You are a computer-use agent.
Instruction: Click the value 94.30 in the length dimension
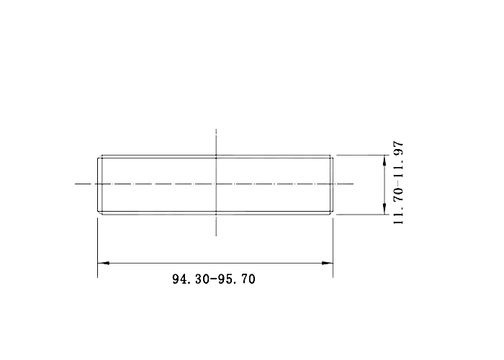coord(191,279)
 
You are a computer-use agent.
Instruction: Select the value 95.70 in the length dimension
coord(237,279)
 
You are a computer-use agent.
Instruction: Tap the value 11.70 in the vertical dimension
coord(398,207)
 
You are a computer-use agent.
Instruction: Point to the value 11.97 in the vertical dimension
coord(398,160)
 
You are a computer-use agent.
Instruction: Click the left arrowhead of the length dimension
coord(104,263)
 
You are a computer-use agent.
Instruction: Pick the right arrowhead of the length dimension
coord(327,263)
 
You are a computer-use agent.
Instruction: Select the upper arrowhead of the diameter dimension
coord(384,161)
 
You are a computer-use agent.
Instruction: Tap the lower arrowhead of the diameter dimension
coord(384,209)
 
